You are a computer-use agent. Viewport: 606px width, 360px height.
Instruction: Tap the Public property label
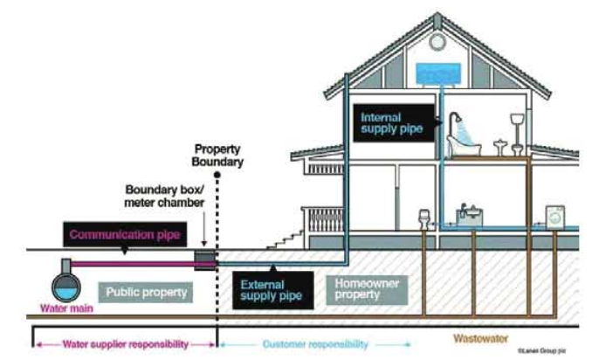click(146, 292)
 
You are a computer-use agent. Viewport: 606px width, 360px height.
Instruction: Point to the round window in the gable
click(437, 42)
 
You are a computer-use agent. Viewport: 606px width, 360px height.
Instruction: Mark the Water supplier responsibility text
click(115, 343)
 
